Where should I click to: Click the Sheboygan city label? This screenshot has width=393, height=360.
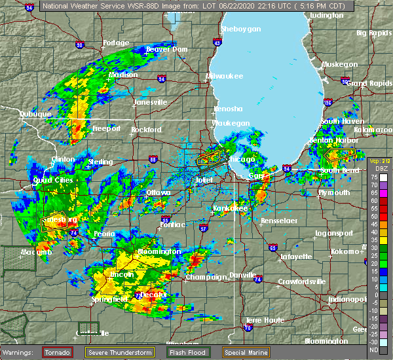pos(241,29)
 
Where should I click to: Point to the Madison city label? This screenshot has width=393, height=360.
pos(124,75)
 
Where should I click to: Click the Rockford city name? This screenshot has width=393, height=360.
pos(145,130)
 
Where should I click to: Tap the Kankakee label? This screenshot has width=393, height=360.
pos(231,208)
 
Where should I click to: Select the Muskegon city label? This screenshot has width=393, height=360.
pos(339,64)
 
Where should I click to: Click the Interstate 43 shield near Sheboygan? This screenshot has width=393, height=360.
pos(216,43)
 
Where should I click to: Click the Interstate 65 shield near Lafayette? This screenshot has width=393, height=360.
pos(272,248)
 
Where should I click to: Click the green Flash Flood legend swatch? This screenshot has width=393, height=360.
pos(200,351)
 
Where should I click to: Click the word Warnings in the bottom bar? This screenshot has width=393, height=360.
pos(18,352)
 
